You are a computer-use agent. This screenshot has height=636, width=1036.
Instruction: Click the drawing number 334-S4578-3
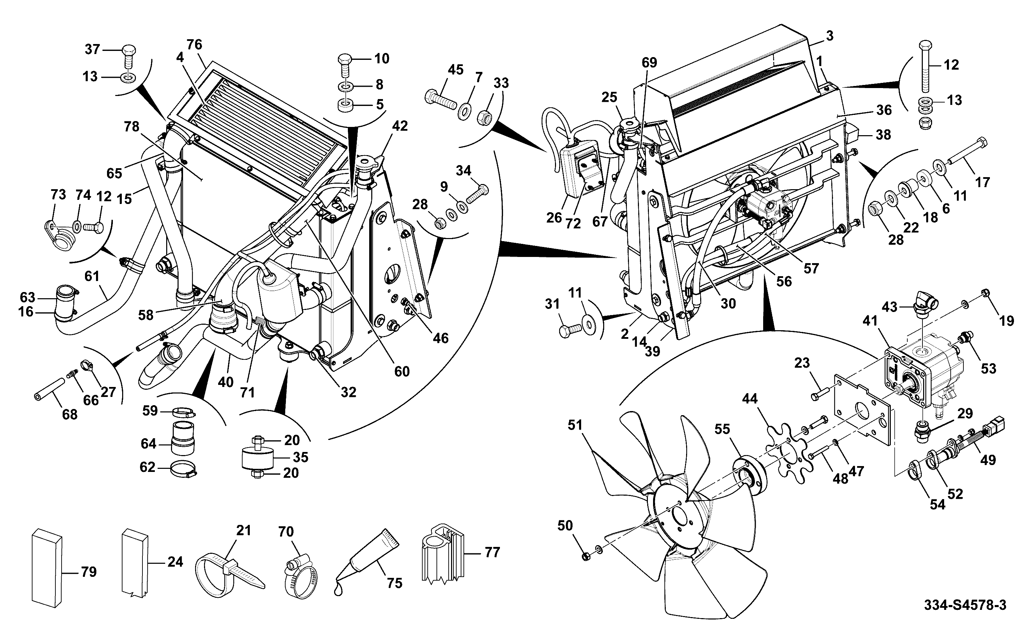(964, 605)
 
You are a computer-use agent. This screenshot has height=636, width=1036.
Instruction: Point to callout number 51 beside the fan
(575, 425)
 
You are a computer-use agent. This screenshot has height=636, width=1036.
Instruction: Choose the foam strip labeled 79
(47, 568)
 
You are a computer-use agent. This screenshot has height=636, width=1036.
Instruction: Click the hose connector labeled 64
(183, 444)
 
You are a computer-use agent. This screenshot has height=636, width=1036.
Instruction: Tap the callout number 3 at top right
(829, 36)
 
